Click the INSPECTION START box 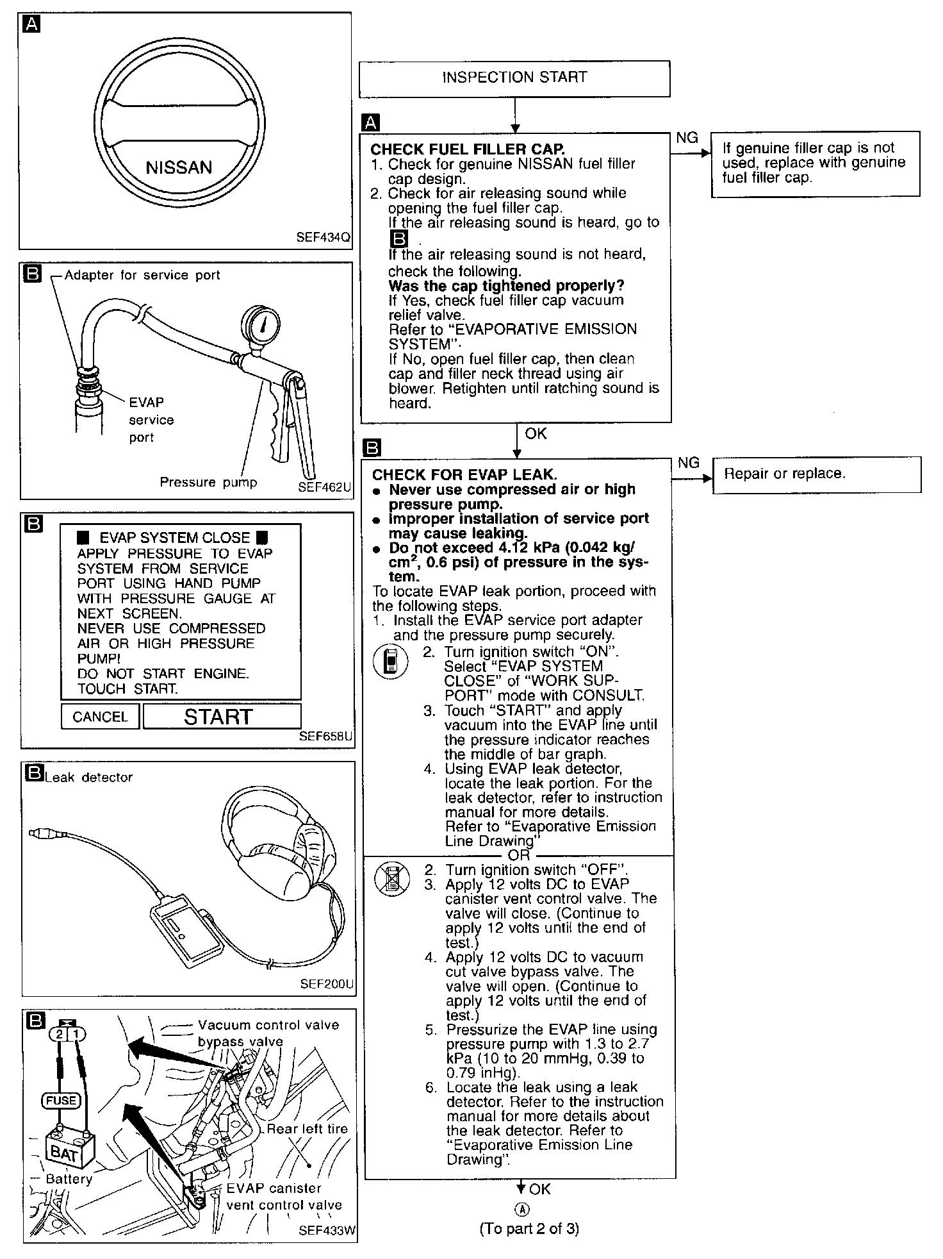pyautogui.click(x=514, y=78)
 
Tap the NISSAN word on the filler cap pyautogui.click(x=179, y=168)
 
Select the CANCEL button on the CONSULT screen pyautogui.click(x=100, y=717)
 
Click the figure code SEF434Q pyautogui.click(x=323, y=237)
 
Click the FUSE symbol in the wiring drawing pyautogui.click(x=61, y=1101)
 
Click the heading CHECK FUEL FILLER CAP pyautogui.click(x=468, y=149)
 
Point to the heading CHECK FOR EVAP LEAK pyautogui.click(x=464, y=475)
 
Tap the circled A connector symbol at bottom pyautogui.click(x=523, y=1210)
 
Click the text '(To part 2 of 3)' pyautogui.click(x=529, y=1228)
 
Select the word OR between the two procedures pyautogui.click(x=519, y=855)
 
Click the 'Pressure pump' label pyautogui.click(x=208, y=482)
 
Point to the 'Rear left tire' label pyautogui.click(x=307, y=1129)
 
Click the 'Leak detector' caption pyautogui.click(x=88, y=778)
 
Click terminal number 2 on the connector pyautogui.click(x=59, y=1034)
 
